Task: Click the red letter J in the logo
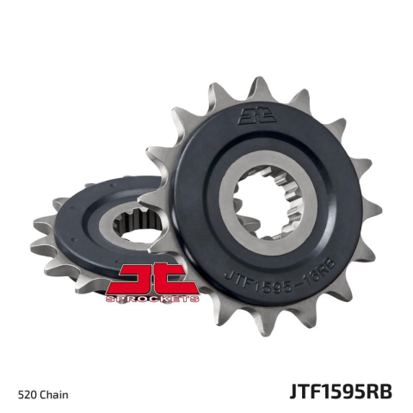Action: pos(138,277)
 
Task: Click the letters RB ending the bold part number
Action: pos(379,392)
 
